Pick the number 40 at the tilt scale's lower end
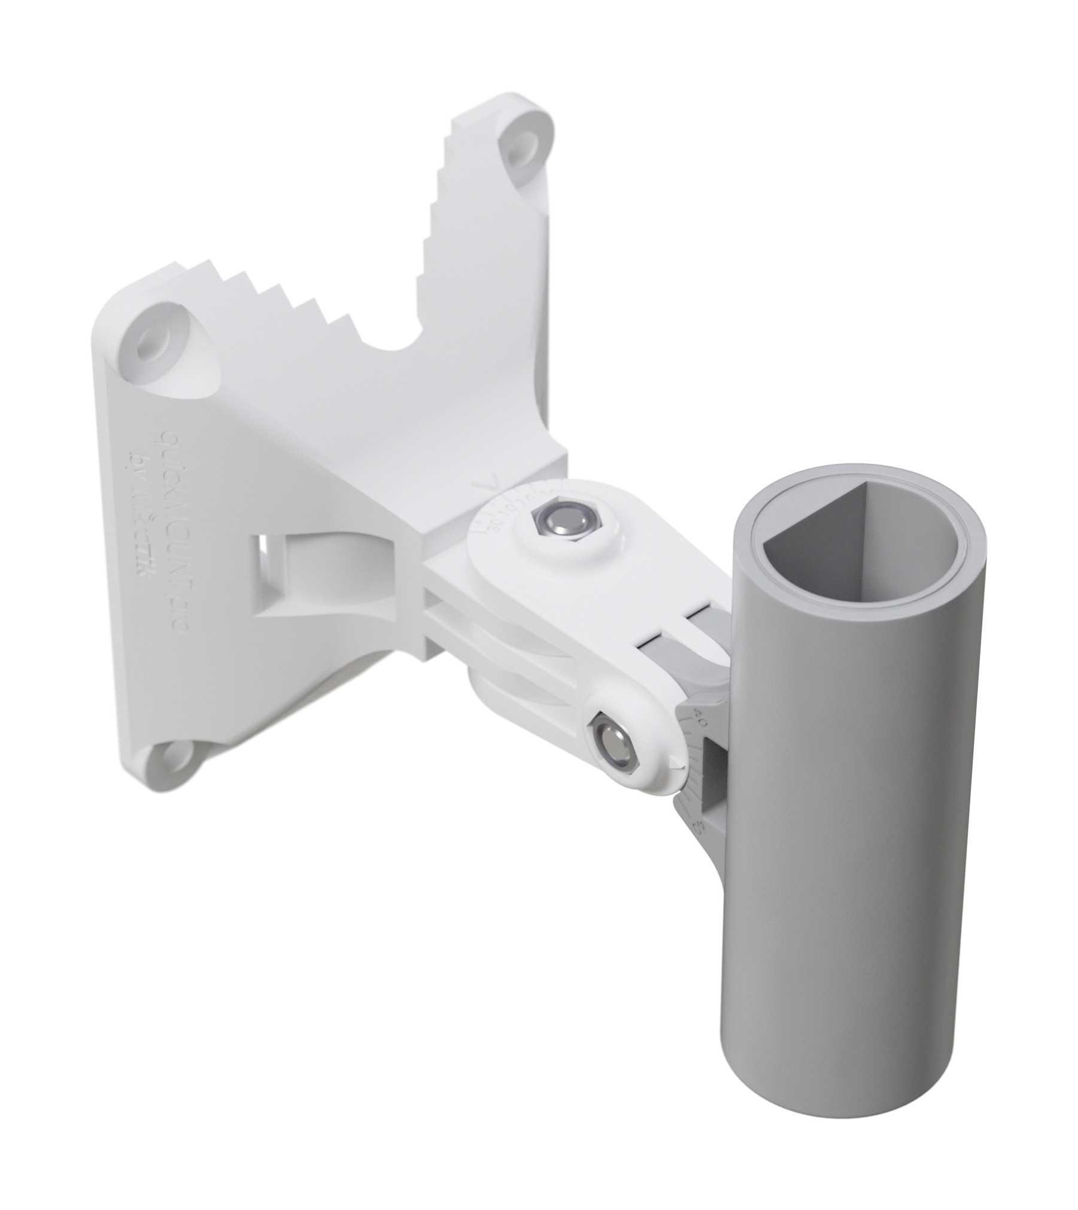pyautogui.click(x=698, y=830)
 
